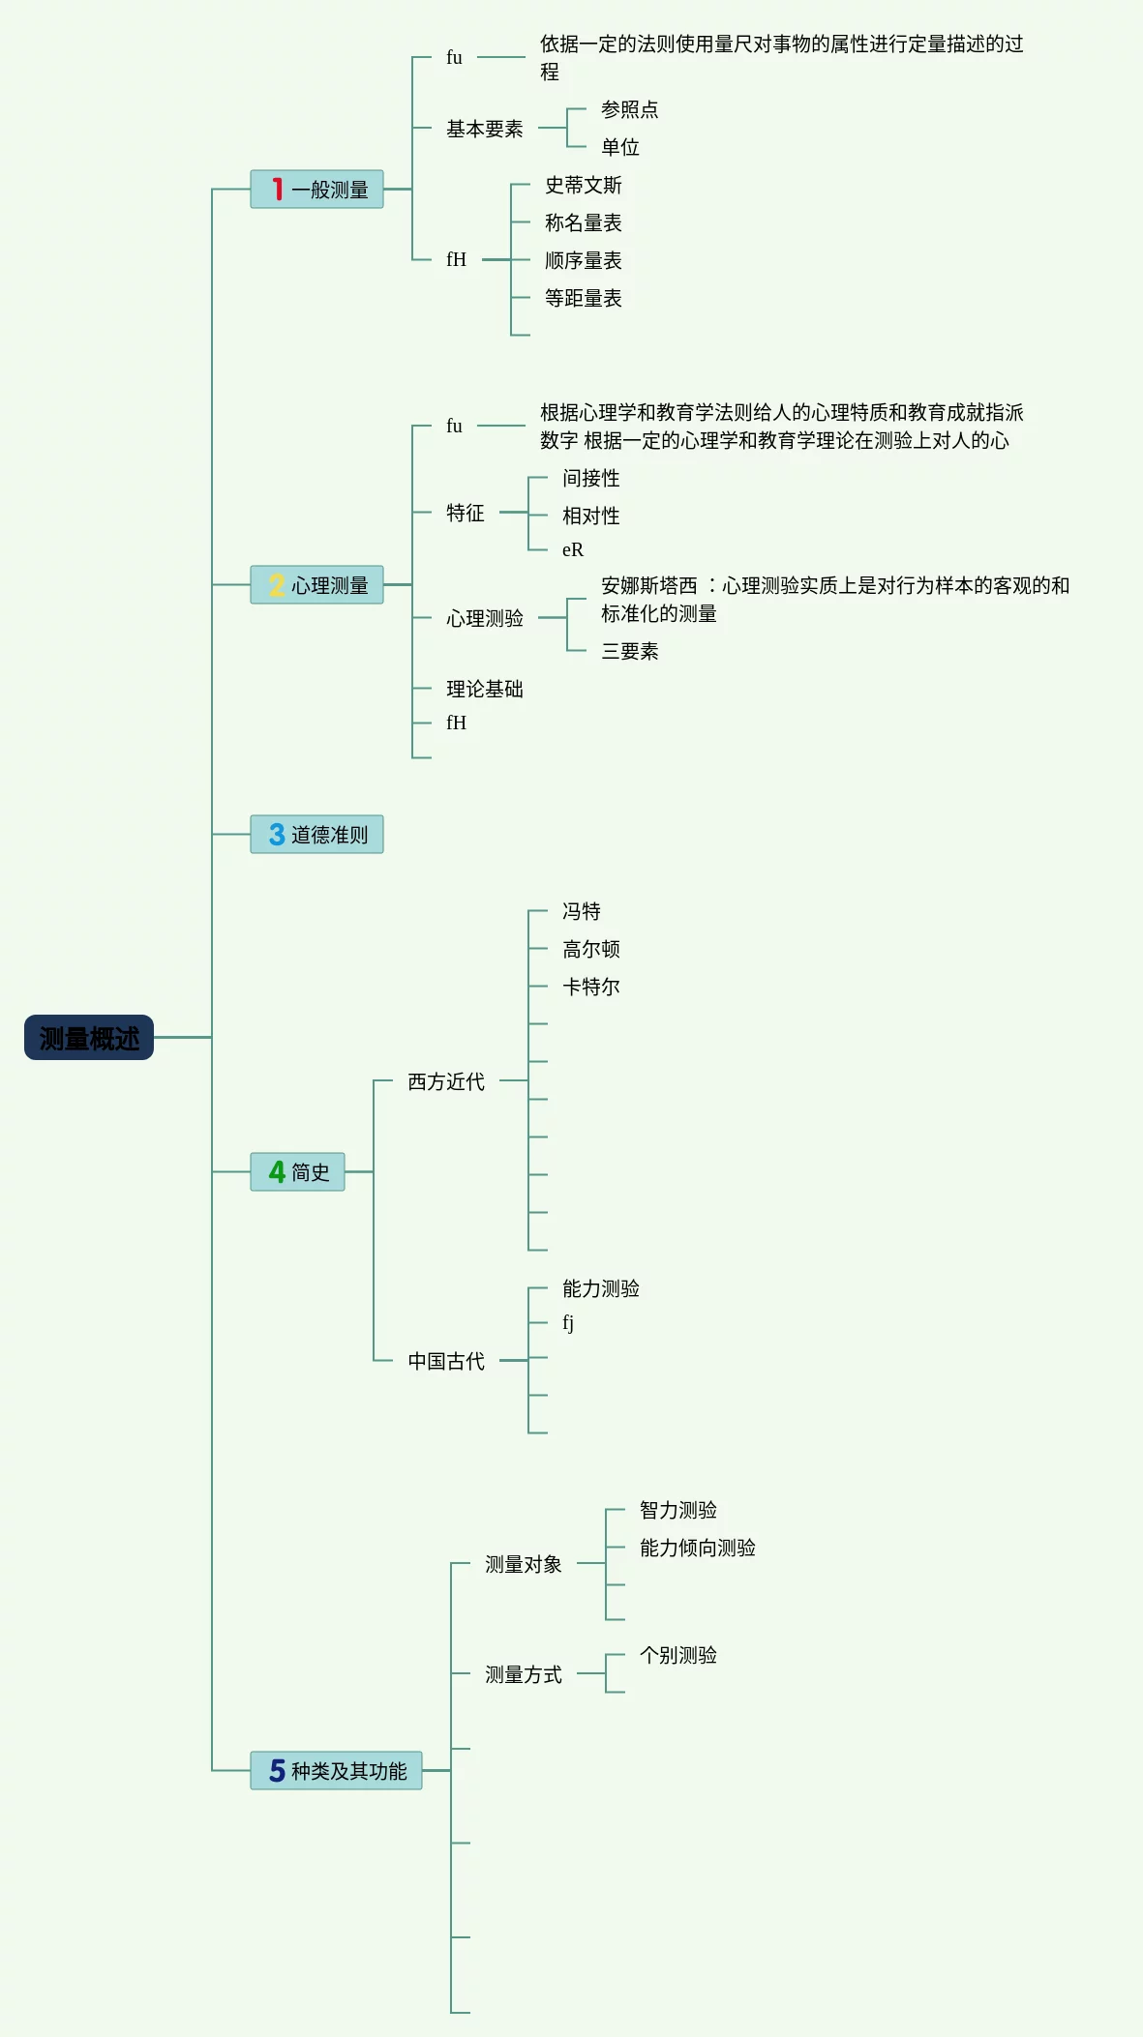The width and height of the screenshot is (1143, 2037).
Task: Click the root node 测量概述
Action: point(89,1038)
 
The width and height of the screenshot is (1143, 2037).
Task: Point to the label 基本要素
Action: point(484,129)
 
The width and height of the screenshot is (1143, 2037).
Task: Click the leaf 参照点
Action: point(629,109)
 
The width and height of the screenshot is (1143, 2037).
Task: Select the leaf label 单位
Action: point(619,147)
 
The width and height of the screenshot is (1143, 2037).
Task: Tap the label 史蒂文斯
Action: point(583,185)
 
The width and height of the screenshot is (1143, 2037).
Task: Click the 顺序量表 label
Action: point(583,260)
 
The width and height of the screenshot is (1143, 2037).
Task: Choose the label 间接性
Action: point(590,478)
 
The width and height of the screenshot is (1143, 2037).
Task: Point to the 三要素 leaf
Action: point(629,651)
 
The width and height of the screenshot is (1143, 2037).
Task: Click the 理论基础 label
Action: point(484,689)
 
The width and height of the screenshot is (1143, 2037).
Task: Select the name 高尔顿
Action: point(590,949)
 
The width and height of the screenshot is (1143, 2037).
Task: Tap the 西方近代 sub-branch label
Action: point(445,1081)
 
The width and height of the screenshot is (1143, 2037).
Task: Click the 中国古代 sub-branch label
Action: point(445,1361)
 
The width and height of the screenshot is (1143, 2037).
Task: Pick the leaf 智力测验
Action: point(677,1510)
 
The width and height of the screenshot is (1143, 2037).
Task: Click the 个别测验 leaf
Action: point(677,1655)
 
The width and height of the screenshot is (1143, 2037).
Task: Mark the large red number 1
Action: point(278,190)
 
